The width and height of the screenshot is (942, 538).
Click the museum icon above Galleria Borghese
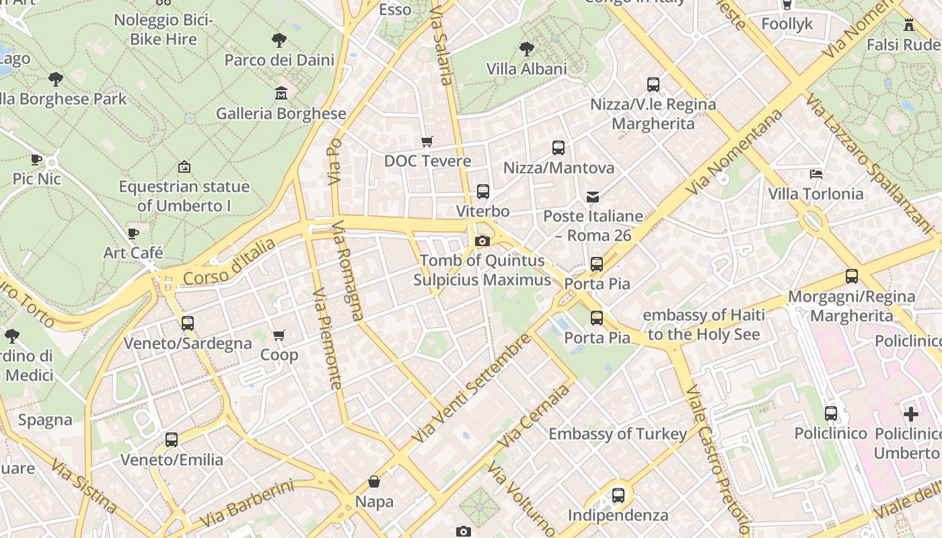(x=281, y=93)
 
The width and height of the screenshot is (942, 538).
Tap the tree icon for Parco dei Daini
(x=279, y=40)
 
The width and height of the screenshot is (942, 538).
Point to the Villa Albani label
(x=526, y=69)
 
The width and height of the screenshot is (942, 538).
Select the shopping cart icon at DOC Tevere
(x=427, y=141)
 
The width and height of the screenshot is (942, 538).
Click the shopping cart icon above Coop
(x=279, y=335)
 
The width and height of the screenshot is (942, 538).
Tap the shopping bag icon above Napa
(x=374, y=482)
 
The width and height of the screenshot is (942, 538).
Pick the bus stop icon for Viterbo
(x=482, y=192)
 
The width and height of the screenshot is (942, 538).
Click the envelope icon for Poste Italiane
(x=593, y=197)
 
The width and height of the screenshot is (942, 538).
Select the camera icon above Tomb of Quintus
(x=482, y=241)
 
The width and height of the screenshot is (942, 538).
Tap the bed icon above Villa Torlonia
(x=816, y=174)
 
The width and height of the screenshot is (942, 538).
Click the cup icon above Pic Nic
(x=36, y=159)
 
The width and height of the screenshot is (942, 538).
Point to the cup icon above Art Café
(x=133, y=233)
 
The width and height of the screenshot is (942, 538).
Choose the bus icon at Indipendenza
(x=618, y=496)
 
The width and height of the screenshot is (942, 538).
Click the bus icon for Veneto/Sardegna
(x=188, y=323)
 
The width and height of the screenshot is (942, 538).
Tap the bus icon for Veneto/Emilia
(x=172, y=440)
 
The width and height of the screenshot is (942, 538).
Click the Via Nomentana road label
(x=735, y=151)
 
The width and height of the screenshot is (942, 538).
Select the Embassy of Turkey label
(x=618, y=434)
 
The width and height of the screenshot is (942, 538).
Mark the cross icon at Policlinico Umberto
(x=910, y=414)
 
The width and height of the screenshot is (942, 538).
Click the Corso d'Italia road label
(x=229, y=262)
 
